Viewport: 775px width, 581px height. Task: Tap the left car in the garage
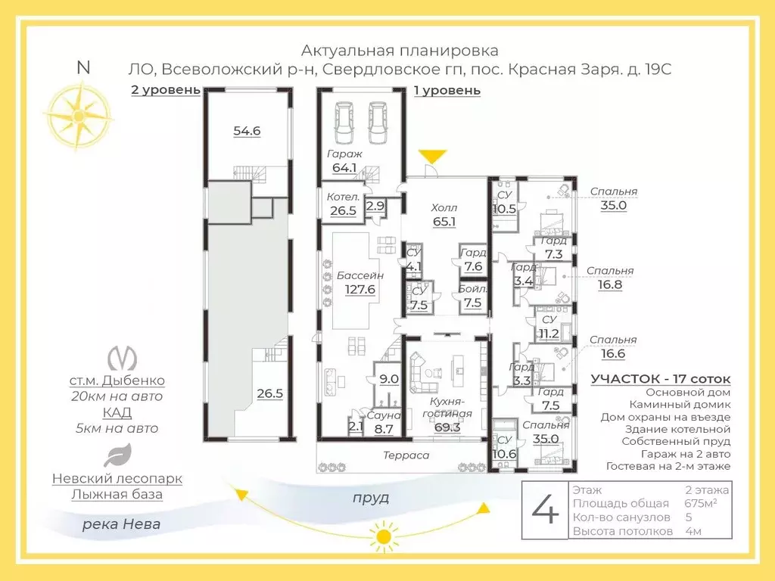[344, 122]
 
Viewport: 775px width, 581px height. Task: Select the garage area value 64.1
[344, 167]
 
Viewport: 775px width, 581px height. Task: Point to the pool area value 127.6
[359, 289]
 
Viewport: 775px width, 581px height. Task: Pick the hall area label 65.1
[444, 222]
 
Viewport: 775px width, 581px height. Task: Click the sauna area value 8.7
[384, 429]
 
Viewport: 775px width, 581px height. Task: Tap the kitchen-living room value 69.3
[447, 427]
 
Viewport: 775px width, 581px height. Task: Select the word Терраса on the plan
[406, 455]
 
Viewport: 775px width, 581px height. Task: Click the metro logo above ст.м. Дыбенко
[122, 358]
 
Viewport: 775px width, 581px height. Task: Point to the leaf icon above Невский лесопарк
[117, 455]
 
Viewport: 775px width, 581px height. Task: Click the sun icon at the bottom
[383, 536]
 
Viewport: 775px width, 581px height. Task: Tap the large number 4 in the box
[545, 509]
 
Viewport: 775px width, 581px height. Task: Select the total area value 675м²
[701, 503]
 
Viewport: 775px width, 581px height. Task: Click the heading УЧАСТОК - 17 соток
[660, 379]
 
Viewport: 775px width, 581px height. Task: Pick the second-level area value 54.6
[247, 130]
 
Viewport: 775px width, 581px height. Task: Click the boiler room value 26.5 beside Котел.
[343, 210]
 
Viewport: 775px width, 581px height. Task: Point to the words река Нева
[121, 524]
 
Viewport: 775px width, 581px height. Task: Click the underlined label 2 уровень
[166, 90]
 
